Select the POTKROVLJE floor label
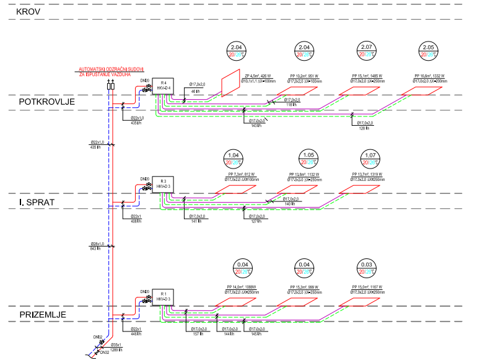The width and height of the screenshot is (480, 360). (x=46, y=102)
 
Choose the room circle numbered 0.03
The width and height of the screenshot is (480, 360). (x=365, y=269)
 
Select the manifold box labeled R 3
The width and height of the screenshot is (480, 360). (x=162, y=183)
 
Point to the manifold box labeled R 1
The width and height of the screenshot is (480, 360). (x=164, y=296)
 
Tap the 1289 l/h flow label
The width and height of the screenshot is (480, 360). (x=118, y=350)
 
